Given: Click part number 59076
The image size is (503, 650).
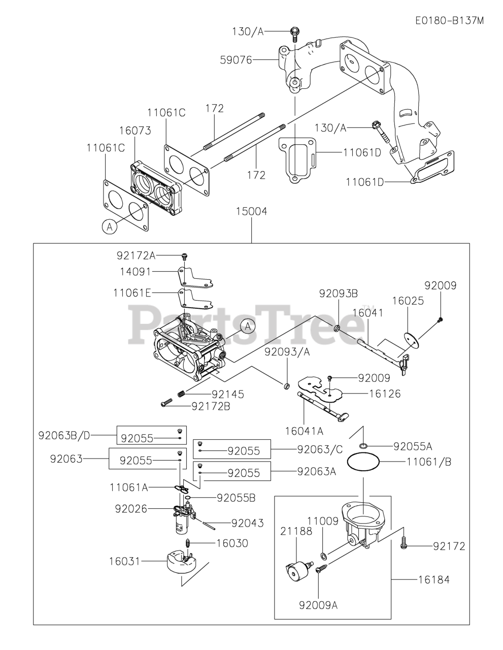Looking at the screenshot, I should pos(236,60).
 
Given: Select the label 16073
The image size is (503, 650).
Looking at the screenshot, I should pos(135,131).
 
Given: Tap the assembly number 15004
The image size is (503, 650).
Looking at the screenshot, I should pos(251,211).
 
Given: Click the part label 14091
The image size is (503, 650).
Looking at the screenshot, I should pos(136,272).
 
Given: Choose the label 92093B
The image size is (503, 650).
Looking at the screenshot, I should pos(339,293).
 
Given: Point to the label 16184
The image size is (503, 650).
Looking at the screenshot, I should pos(434,579).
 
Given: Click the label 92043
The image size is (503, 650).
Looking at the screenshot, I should pos(247,523).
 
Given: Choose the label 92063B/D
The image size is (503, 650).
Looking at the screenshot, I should pos(63,435).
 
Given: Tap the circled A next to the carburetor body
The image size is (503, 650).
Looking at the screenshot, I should pos(248,326).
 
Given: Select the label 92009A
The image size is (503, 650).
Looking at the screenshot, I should pos(318,605).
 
